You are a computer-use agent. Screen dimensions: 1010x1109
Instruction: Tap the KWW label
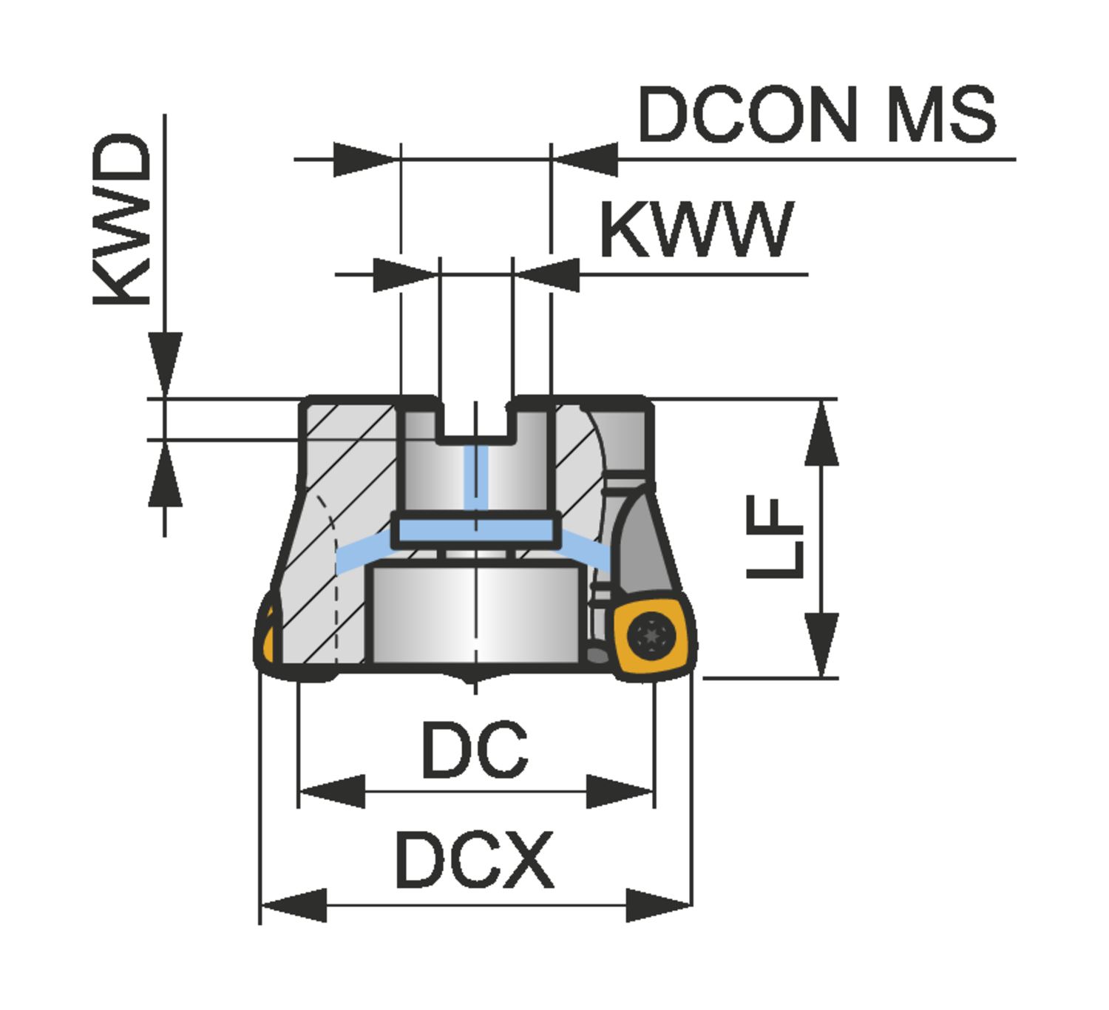(696, 230)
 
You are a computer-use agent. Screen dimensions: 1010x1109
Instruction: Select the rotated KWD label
(122, 219)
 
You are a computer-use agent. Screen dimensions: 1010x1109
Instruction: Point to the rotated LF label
(774, 538)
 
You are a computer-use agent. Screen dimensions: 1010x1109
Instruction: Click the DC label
(475, 750)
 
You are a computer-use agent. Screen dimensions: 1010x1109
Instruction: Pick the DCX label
(475, 860)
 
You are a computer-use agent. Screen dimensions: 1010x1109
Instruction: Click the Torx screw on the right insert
(651, 635)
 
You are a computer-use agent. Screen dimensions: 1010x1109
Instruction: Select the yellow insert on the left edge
(268, 634)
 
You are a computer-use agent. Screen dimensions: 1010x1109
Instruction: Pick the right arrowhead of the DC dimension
(620, 792)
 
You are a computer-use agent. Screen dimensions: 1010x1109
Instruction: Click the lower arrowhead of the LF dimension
(821, 643)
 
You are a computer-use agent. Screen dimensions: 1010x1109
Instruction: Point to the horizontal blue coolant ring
(475, 530)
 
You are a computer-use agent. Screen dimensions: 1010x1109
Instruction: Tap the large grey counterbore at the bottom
(475, 614)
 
